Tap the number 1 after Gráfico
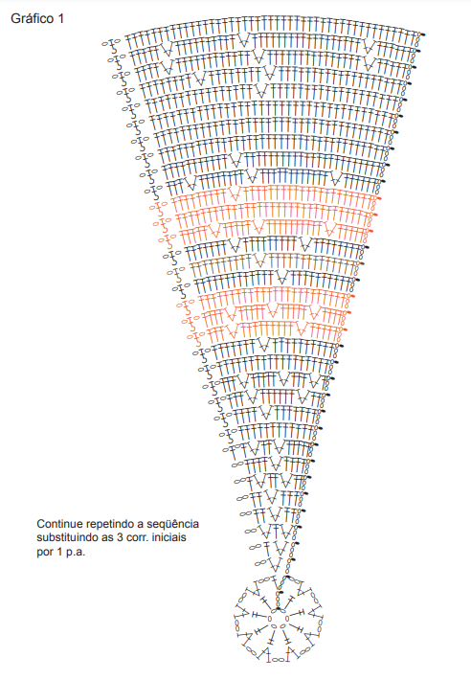tap(60, 18)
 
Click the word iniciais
tap(170, 537)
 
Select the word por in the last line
tap(45, 553)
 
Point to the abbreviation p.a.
tap(76, 553)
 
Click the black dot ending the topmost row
tap(423, 34)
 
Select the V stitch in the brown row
tap(259, 261)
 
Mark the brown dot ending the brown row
tap(362, 263)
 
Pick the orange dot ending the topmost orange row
tap(379, 198)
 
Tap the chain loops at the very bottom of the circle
tap(279, 661)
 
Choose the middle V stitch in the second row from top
tap(244, 40)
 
